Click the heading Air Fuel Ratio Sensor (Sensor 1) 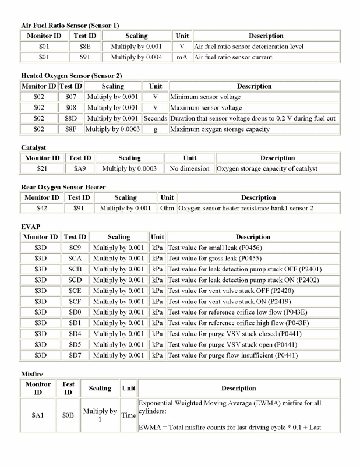coord(70,26)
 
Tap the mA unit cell coord(182,57)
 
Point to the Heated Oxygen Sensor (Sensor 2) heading coord(71,76)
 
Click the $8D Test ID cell coord(70,118)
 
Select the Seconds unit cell coord(155,118)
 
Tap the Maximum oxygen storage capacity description coord(220,129)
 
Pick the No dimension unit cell coord(190,168)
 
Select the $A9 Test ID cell coord(79,168)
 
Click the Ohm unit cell coord(167,208)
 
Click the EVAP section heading coord(30,227)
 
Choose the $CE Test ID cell coord(75,291)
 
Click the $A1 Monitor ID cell coord(40,416)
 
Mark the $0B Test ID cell coord(68,416)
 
